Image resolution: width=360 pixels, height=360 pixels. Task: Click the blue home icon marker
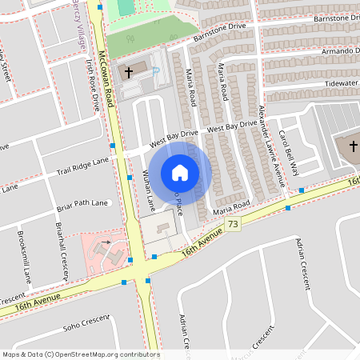click(180, 173)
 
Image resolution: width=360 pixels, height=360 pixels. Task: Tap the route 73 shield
click(233, 226)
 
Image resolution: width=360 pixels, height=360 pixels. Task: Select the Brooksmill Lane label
click(23, 257)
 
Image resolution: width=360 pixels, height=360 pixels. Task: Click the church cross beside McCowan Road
click(128, 73)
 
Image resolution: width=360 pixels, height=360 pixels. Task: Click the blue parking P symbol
click(157, 71)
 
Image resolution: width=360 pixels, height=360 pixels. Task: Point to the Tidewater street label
click(339, 82)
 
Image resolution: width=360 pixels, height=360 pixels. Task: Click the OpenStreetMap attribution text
click(80, 354)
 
